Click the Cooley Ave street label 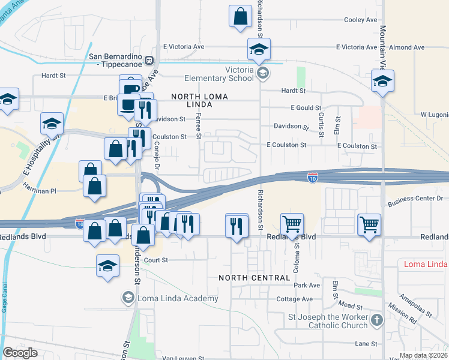pos(360,20)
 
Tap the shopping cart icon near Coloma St pos(292,224)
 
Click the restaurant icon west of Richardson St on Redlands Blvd pos(237,226)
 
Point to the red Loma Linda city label pos(424,264)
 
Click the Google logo pos(20,353)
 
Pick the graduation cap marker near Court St pos(107,265)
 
